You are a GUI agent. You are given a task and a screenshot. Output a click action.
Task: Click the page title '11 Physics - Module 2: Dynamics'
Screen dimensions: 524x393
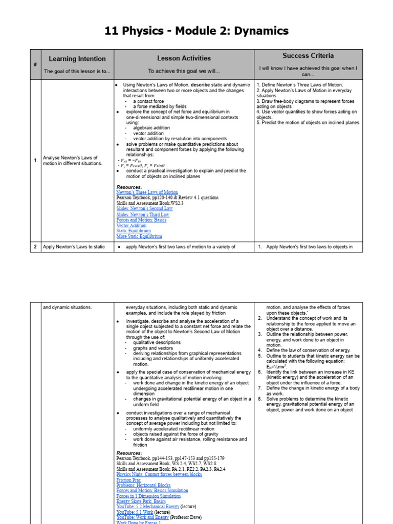point(196,31)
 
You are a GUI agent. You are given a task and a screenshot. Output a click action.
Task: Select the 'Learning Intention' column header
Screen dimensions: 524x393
point(77,59)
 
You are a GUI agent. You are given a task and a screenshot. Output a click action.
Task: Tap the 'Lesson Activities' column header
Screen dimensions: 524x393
point(184,58)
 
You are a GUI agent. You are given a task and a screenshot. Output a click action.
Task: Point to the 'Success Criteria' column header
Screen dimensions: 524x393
point(308,55)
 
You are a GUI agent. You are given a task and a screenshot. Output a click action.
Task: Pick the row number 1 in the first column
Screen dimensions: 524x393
point(35,161)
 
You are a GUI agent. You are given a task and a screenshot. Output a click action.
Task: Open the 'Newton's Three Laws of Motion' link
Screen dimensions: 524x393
point(147,192)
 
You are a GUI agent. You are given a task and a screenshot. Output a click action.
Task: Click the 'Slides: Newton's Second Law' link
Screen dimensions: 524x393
point(144,209)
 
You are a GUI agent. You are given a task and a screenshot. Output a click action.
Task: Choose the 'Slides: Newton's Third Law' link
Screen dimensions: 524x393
point(143,214)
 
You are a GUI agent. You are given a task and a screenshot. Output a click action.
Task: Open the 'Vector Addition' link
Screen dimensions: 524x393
point(131,226)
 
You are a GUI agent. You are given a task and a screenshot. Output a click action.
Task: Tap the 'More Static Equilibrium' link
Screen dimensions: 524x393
point(139,236)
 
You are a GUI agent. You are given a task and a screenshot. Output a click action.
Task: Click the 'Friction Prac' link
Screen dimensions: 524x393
point(128,481)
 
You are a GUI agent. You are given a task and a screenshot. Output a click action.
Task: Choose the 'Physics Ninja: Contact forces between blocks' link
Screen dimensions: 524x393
point(159,475)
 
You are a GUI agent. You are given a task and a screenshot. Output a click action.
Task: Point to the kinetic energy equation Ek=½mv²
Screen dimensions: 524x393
point(280,366)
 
